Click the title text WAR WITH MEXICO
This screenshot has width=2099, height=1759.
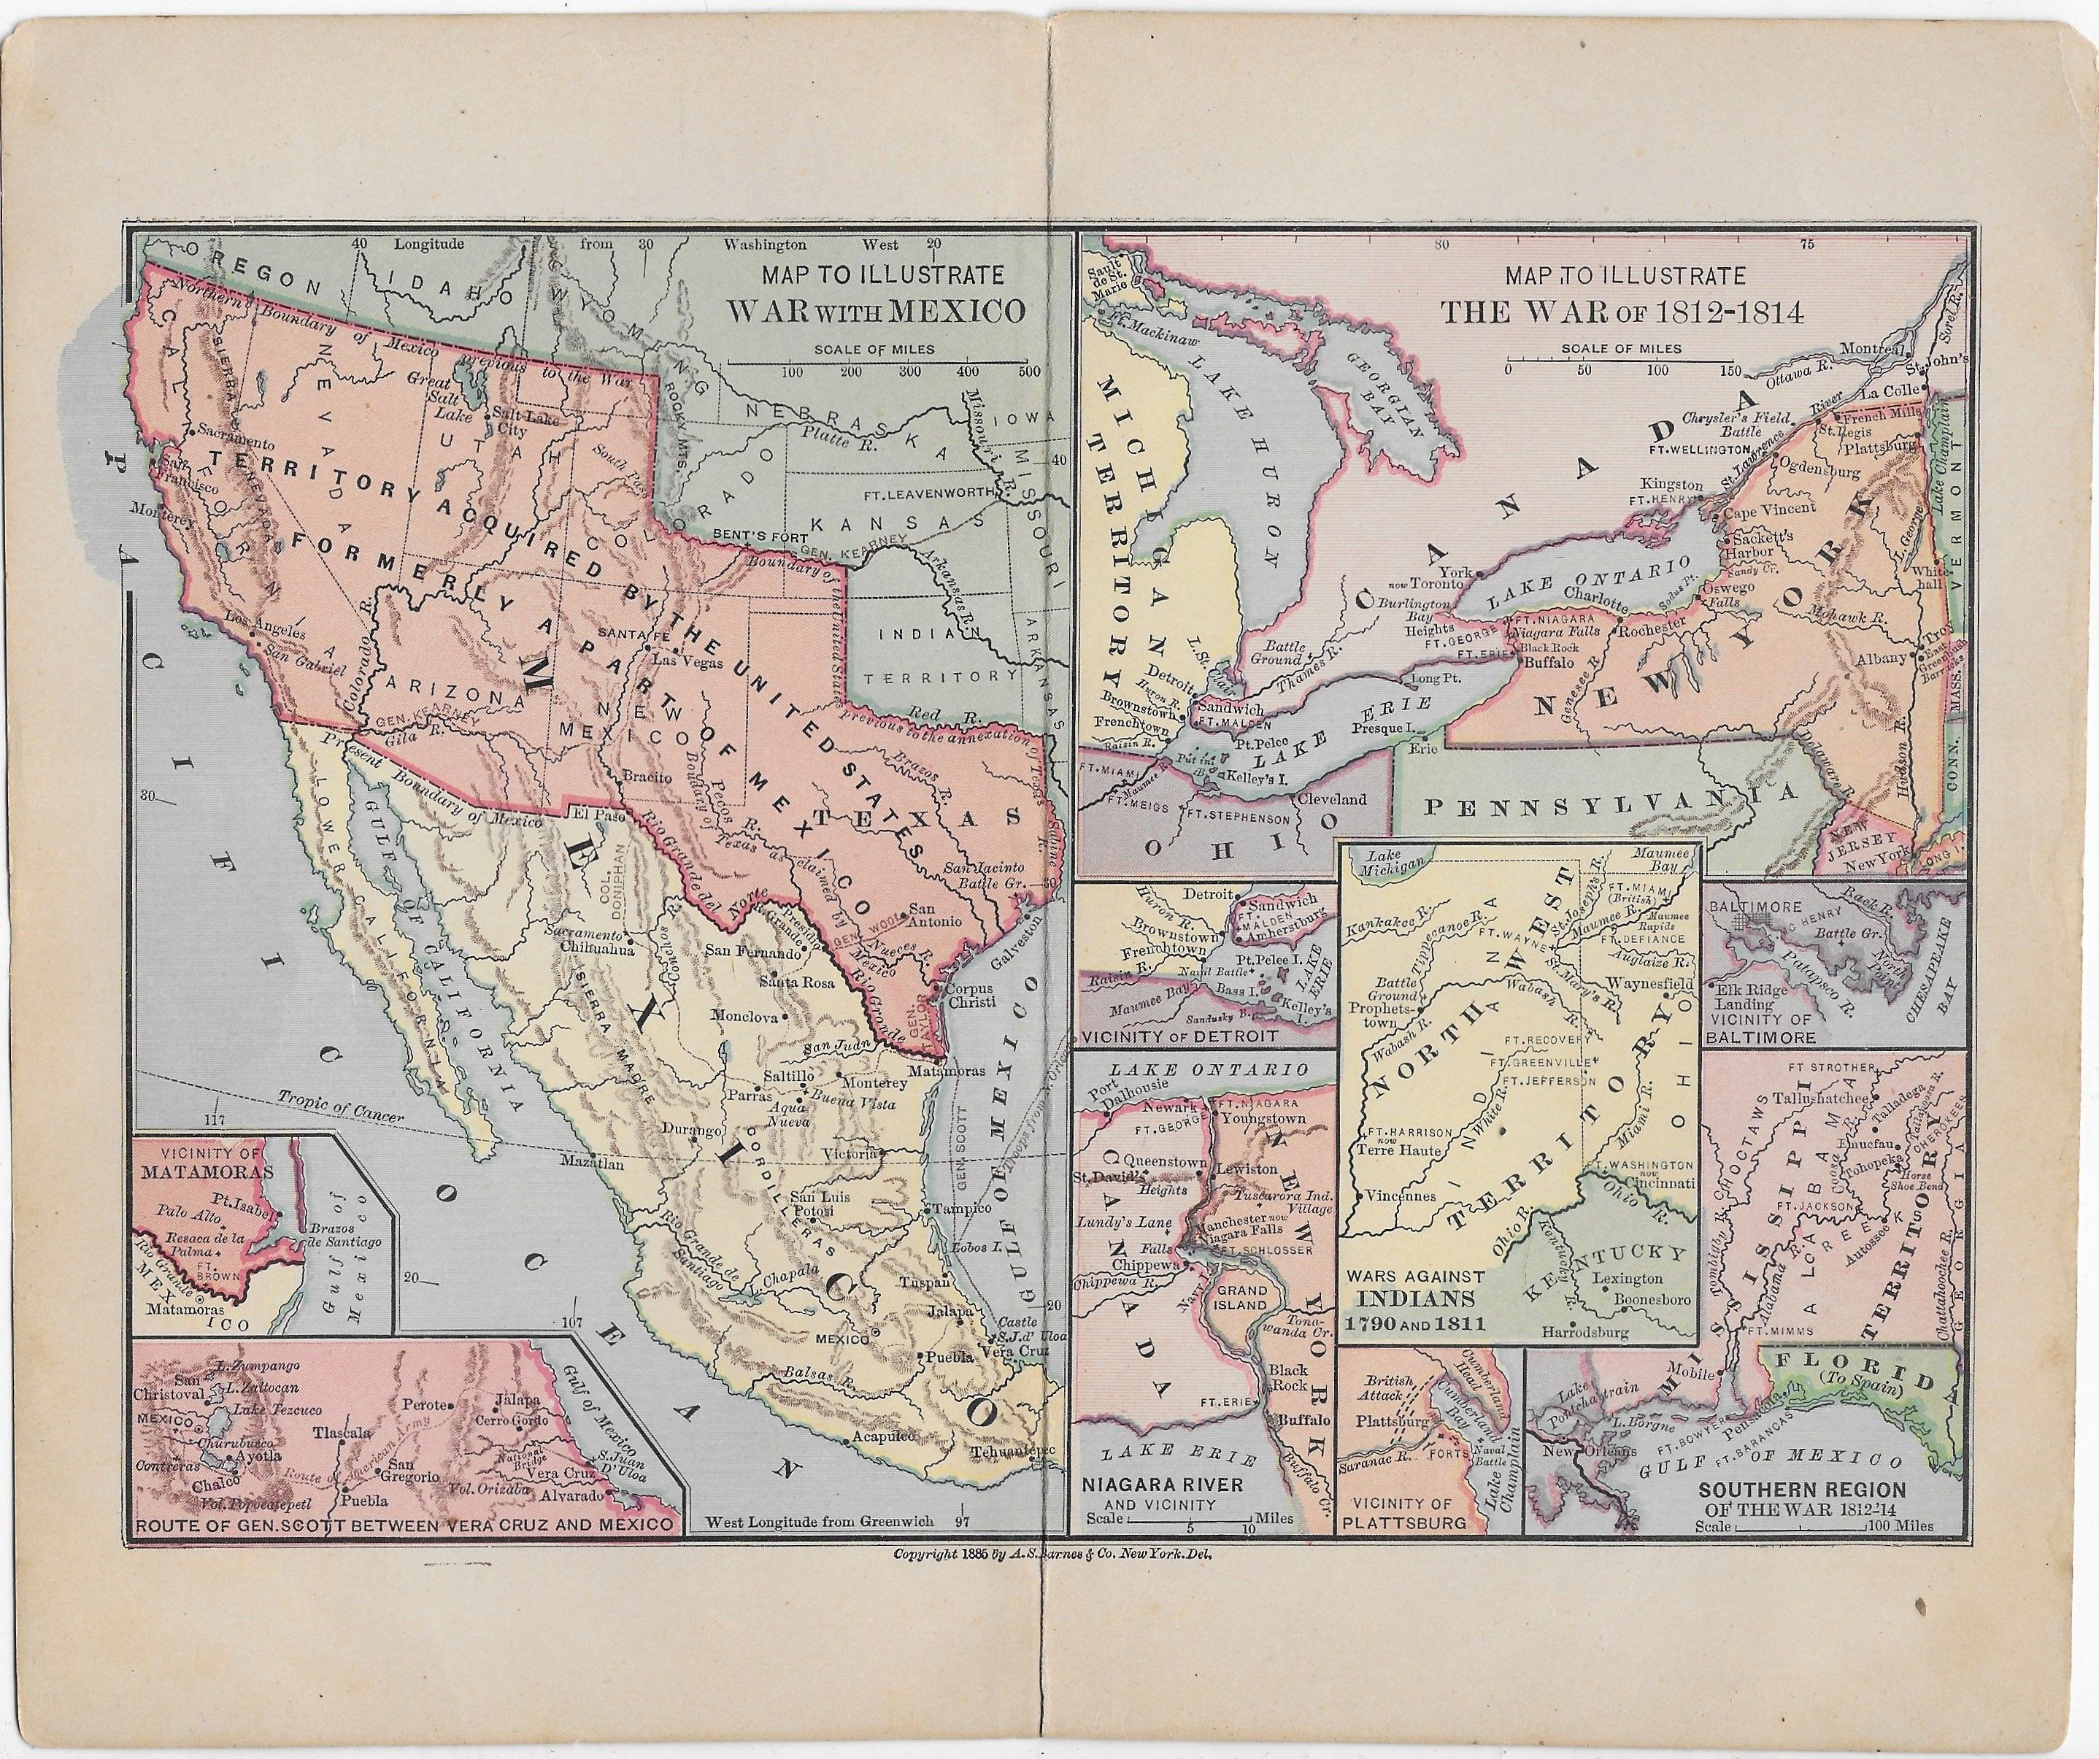click(876, 309)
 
